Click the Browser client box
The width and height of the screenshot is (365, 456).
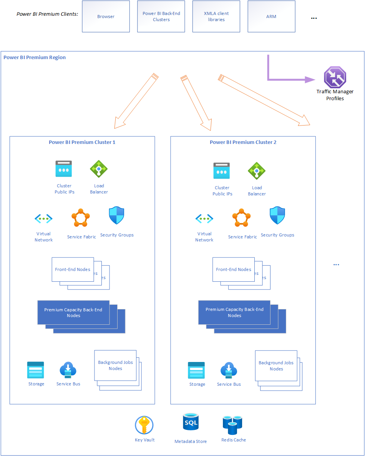click(106, 17)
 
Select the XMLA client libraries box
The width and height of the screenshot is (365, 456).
click(216, 17)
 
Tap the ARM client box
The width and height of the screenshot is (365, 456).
click(271, 17)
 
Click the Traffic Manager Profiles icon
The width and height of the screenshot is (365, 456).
click(335, 77)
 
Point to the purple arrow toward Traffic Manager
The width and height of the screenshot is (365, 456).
click(288, 79)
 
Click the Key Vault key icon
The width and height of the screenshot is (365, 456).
click(144, 425)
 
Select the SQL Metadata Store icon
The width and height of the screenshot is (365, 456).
click(191, 423)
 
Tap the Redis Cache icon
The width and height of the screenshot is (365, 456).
click(232, 425)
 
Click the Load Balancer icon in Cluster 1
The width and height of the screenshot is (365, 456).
click(99, 169)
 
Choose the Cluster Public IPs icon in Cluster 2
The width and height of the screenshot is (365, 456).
click(222, 171)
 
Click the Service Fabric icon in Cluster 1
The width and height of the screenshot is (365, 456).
click(81, 219)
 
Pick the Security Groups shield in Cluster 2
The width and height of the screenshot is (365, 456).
click(277, 216)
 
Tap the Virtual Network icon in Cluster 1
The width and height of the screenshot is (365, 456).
click(43, 219)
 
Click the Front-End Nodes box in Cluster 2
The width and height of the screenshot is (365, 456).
click(234, 269)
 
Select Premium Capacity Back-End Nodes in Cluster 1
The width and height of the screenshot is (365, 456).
click(73, 312)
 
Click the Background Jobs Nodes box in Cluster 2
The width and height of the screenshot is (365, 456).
click(276, 365)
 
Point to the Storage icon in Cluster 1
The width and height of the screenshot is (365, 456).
click(36, 370)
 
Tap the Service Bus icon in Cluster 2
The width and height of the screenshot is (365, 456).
click(229, 370)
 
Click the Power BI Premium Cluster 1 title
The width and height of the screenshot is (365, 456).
click(82, 142)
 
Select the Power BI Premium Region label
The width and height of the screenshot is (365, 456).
click(35, 58)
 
